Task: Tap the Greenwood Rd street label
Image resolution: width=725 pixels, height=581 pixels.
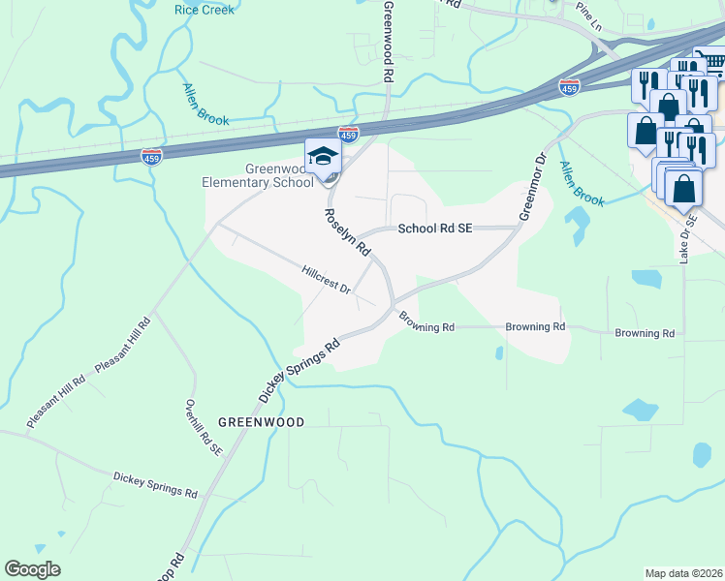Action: click(x=389, y=40)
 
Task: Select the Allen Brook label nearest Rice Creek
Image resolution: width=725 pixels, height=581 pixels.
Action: click(x=206, y=105)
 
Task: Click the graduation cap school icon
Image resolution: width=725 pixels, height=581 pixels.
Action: click(x=323, y=155)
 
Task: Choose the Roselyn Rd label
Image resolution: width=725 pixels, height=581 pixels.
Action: click(x=347, y=232)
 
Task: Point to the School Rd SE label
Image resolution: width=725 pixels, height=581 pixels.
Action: click(x=435, y=229)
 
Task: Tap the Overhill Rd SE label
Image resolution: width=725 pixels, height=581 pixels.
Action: click(x=204, y=426)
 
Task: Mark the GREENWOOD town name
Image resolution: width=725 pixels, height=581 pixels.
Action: click(x=261, y=422)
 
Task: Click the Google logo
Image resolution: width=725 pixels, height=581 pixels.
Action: click(x=32, y=569)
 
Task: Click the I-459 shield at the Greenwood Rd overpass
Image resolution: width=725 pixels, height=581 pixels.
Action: click(x=349, y=134)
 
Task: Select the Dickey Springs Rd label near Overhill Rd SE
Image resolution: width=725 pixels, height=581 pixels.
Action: click(x=155, y=484)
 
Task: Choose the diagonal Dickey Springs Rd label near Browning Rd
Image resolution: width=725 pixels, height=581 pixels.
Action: click(x=299, y=371)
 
